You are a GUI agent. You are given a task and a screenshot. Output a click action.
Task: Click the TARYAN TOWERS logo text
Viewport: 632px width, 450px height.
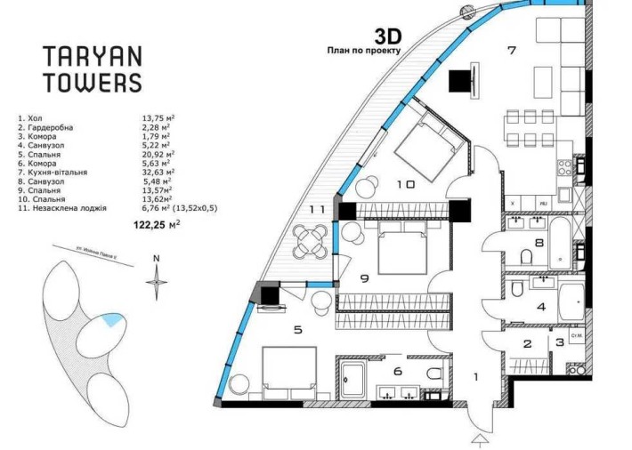pyautogui.click(x=93, y=69)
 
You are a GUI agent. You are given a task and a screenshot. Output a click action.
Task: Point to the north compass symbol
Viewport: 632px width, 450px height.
pyautogui.click(x=157, y=280)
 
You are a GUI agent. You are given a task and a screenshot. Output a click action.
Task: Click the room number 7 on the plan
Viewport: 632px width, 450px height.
pyautogui.click(x=511, y=50)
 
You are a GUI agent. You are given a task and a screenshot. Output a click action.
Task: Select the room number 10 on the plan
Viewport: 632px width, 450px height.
pyautogui.click(x=406, y=184)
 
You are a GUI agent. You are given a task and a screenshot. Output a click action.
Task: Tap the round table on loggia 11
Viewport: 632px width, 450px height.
pyautogui.click(x=309, y=239)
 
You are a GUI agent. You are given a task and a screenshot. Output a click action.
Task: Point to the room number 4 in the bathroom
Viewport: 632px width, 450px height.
pyautogui.click(x=540, y=308)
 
